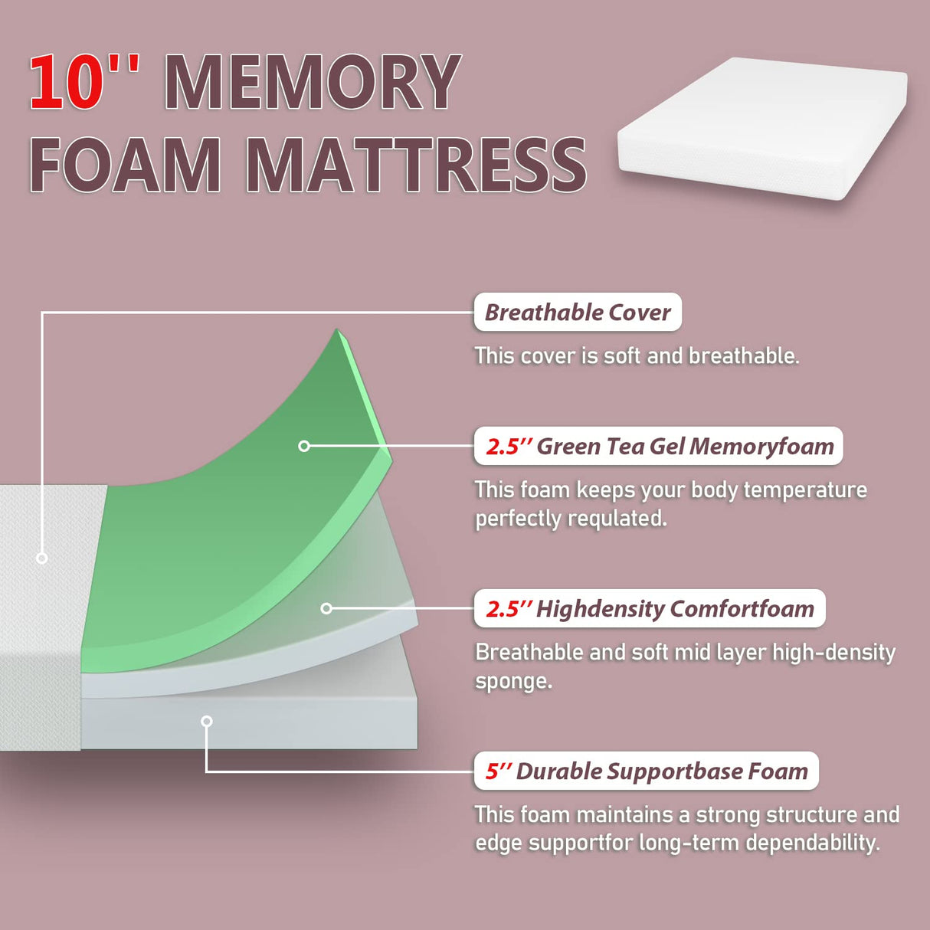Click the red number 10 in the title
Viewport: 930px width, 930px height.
coord(67,83)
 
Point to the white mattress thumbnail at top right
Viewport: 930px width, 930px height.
coord(762,129)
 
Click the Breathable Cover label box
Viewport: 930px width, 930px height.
coord(578,313)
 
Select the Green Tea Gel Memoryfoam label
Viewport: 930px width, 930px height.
coord(659,447)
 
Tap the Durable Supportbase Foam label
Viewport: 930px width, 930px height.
coord(647,771)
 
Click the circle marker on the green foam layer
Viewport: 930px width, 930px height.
coord(304,446)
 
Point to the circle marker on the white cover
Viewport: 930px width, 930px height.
coord(42,558)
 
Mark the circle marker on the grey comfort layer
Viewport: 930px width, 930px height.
coord(326,608)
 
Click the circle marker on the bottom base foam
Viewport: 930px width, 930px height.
coord(206,721)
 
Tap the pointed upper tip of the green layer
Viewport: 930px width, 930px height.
coord(338,332)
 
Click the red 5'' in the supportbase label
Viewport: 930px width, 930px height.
coord(498,771)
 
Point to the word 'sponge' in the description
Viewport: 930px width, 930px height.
coord(512,681)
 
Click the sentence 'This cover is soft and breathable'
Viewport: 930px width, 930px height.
coord(637,356)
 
